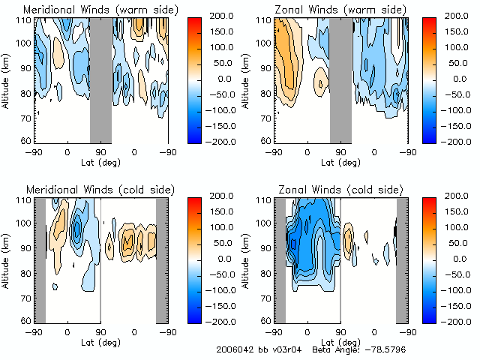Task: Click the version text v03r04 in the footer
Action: (283, 349)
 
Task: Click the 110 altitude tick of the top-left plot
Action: (23, 20)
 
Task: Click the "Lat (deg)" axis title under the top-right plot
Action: (340, 162)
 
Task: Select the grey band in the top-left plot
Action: (100, 79)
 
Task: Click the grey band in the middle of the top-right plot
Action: (340, 79)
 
